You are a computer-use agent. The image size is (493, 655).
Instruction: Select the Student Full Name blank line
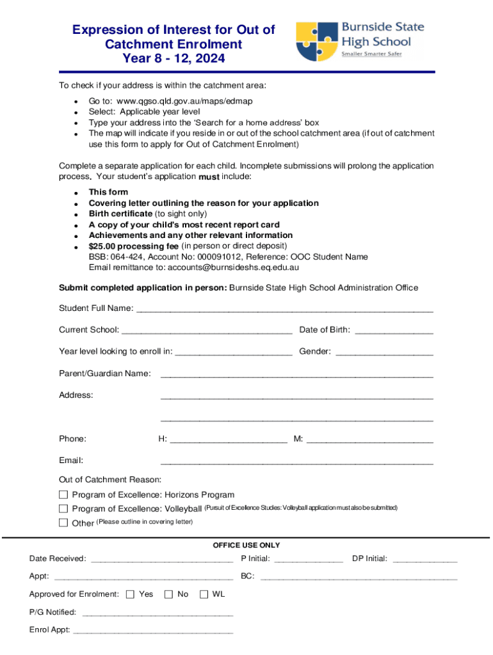pos(285,310)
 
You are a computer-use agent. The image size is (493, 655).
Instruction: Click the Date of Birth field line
pos(394,331)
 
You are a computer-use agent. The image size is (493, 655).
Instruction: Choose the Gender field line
pos(384,352)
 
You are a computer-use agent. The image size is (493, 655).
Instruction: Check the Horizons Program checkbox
pos(63,494)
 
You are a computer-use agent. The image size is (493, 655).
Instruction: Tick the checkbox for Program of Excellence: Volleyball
pos(63,509)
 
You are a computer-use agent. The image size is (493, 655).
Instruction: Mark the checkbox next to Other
pos(63,523)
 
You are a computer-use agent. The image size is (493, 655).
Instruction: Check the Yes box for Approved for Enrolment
pos(130,594)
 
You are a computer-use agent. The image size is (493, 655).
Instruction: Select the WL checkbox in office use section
pos(204,594)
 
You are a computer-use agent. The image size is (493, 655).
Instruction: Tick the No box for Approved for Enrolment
pos(169,594)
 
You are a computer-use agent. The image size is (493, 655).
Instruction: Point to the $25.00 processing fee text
pos(133,246)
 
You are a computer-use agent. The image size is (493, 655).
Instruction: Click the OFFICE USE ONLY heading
pos(247,546)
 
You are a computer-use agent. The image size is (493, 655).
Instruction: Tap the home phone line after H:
pos(229,440)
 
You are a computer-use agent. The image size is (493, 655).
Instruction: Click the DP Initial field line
pos(425,560)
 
